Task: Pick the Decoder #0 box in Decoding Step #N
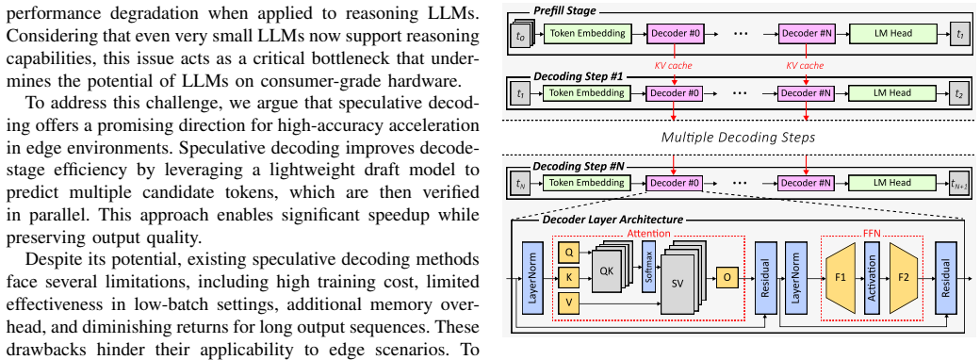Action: coord(676,183)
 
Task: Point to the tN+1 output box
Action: coord(958,183)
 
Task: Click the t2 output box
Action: coord(958,93)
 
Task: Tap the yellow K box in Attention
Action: coord(568,277)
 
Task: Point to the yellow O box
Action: coord(727,277)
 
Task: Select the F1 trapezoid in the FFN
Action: coord(841,277)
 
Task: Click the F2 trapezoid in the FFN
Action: coord(905,277)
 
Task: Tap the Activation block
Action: coord(873,277)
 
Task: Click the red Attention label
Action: coord(649,233)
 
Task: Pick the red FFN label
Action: coord(873,233)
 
